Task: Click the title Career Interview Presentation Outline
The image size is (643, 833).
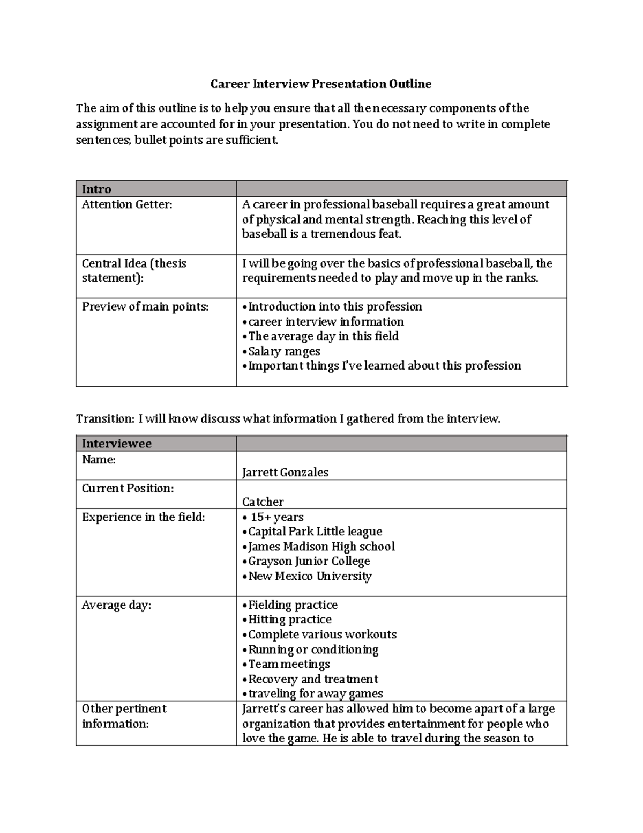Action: point(320,84)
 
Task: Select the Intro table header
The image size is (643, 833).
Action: point(96,189)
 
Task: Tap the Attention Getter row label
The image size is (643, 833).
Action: point(127,204)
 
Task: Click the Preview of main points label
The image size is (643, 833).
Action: point(145,307)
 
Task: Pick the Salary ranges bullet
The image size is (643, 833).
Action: point(284,351)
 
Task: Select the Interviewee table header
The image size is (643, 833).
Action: point(116,444)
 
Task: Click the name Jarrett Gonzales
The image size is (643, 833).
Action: point(285,473)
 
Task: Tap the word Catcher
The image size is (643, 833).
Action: point(263,502)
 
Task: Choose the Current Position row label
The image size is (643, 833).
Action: point(128,489)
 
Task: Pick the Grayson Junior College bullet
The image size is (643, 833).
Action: point(309,561)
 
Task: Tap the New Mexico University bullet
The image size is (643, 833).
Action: point(310,576)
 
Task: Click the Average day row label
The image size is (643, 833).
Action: point(116,605)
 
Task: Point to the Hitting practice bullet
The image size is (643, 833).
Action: point(289,620)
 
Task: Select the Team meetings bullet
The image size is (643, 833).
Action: point(289,664)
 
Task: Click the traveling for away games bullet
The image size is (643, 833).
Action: point(315,694)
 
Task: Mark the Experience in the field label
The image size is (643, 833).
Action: point(143,517)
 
